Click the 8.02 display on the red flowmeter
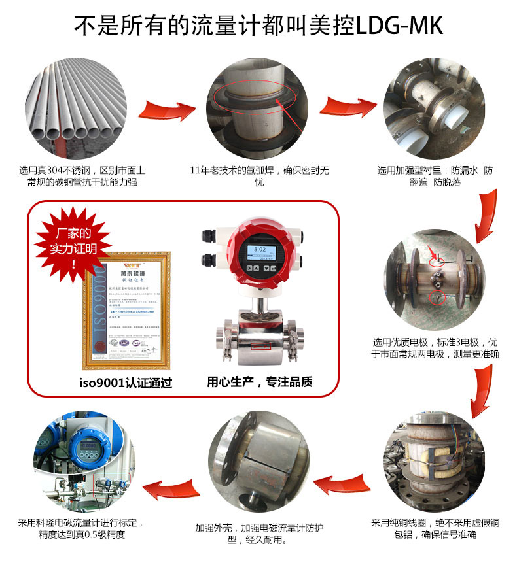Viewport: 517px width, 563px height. pyautogui.click(x=259, y=250)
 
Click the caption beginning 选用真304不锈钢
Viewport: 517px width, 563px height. pyautogui.click(x=82, y=176)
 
